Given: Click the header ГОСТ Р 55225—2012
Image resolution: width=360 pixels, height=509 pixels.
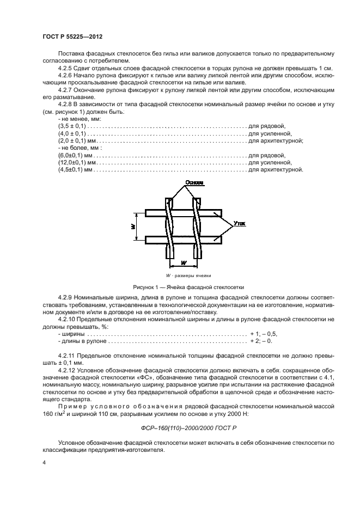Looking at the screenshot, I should [x=72, y=36].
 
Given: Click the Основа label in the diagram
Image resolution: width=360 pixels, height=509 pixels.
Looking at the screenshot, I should [x=194, y=182].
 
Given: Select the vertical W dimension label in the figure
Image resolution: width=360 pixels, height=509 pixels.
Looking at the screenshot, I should [x=132, y=225].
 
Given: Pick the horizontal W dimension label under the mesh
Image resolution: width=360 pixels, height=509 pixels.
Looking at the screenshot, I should [x=182, y=263].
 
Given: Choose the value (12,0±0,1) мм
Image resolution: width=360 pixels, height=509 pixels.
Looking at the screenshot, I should [x=77, y=162].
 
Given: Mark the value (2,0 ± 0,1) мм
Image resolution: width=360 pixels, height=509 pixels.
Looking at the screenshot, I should [x=76, y=140].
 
